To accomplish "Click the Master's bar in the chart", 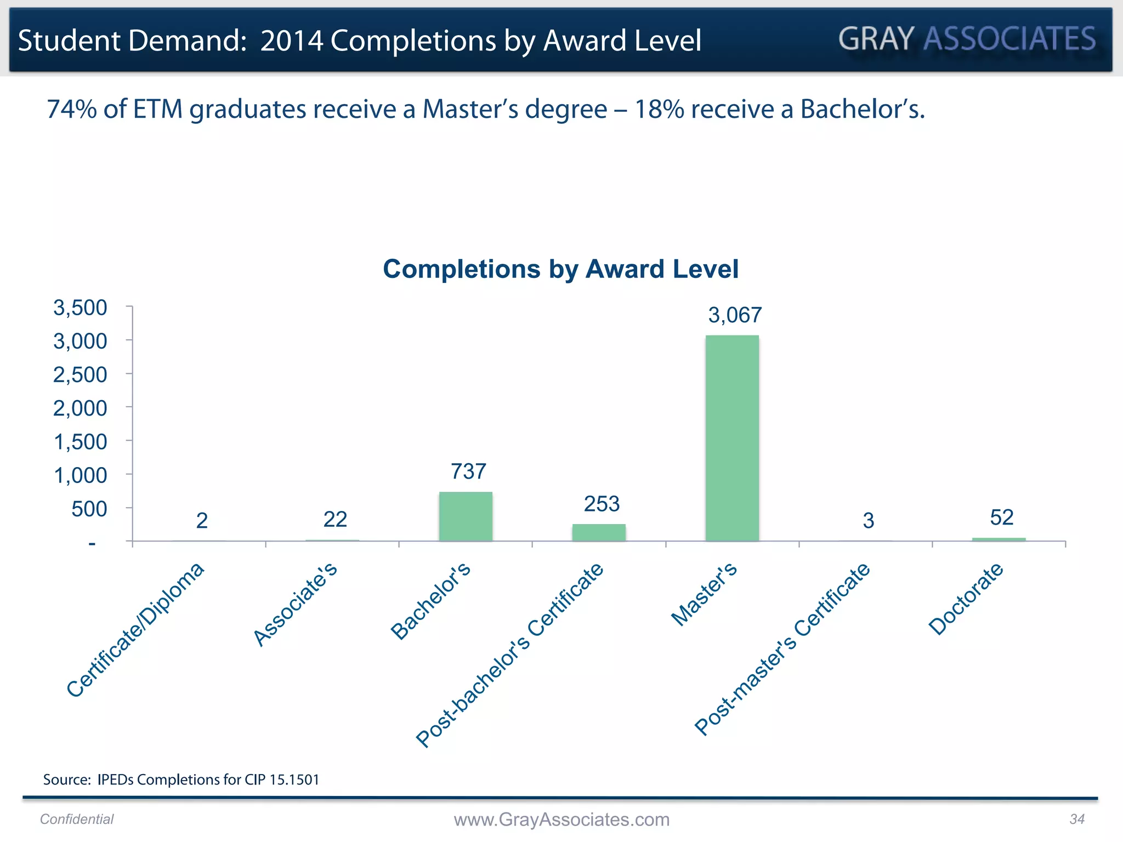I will click(x=732, y=439).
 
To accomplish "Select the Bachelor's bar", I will click(x=466, y=516).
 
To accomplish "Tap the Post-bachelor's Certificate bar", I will click(x=599, y=532).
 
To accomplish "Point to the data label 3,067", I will click(x=735, y=315).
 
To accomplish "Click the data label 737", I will click(x=468, y=471).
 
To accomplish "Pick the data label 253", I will click(x=602, y=504).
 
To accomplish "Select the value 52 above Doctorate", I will click(x=1001, y=517).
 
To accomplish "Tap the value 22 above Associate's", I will click(x=335, y=519).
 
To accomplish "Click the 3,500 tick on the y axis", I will click(x=80, y=308).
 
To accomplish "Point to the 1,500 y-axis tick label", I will click(x=80, y=442).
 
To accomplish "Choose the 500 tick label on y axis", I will click(x=89, y=509).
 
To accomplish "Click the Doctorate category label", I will click(x=966, y=599).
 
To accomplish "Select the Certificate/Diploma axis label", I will click(x=135, y=630).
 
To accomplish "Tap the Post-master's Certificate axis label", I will click(x=782, y=649).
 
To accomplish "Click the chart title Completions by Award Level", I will click(x=560, y=269).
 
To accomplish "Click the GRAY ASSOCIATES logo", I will click(x=967, y=39).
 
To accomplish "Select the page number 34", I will click(x=1077, y=819).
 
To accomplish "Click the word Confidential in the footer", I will click(x=77, y=819).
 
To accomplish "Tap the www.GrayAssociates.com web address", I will click(x=561, y=820).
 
